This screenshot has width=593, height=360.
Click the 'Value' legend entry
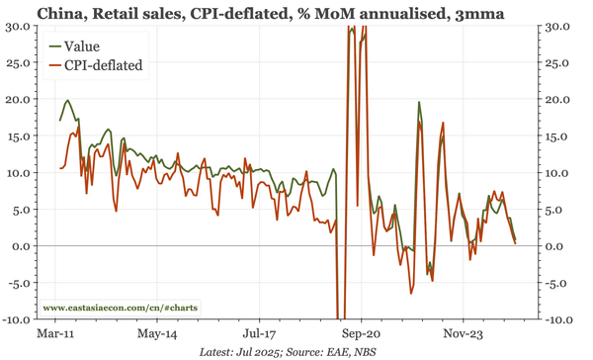coord(81,46)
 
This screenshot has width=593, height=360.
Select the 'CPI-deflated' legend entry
coord(103,65)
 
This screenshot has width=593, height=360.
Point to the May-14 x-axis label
coord(158,334)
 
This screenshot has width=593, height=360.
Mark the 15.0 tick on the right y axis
coord(559,135)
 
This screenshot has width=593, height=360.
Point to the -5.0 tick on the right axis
coord(559,283)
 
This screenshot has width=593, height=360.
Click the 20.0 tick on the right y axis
coord(559,99)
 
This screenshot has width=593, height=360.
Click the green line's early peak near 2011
coord(67,100)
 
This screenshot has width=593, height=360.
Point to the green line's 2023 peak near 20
coord(419,102)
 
